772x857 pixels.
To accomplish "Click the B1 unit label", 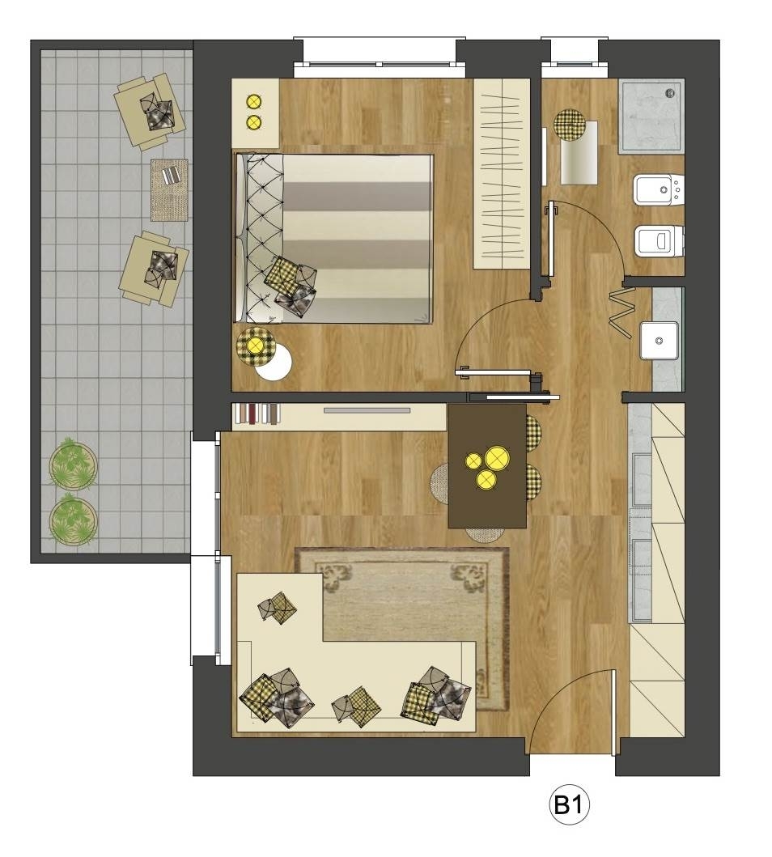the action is pos(569,804).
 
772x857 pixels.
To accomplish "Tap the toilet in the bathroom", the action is pos(660,240).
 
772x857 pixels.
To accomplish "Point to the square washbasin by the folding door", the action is pos(660,341).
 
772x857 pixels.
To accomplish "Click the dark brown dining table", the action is pos(487,465).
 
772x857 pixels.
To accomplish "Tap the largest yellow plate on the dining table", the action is pos(497,458).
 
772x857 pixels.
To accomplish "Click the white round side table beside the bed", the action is pos(274,363).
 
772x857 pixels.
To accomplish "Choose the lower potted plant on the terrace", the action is pos(73,520).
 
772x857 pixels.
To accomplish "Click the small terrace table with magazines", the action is pos(169,189).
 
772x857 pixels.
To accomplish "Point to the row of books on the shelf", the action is pos(257,414).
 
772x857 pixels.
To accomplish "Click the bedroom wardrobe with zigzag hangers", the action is pos(502,174).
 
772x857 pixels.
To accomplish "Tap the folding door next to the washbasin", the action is pos(622,312).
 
